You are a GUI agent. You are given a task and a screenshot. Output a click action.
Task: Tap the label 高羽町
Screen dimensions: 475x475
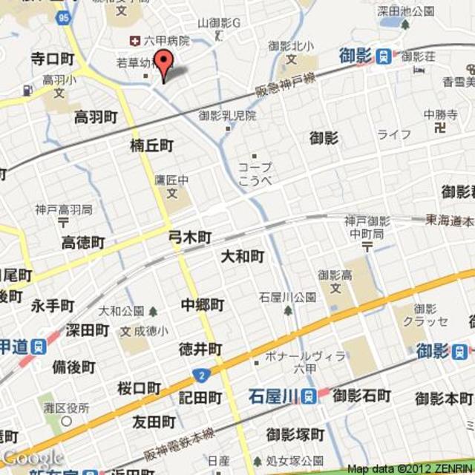coord(96,117)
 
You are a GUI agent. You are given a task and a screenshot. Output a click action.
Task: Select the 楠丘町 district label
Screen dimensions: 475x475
coord(151,145)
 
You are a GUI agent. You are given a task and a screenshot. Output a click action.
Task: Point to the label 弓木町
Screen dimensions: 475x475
coord(190,237)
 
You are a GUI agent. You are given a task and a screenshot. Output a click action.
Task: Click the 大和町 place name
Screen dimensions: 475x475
coord(243,257)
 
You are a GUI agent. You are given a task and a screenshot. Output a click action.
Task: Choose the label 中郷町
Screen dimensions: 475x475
coord(202,304)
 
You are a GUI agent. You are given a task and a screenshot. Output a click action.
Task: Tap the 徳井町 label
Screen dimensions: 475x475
coord(200,349)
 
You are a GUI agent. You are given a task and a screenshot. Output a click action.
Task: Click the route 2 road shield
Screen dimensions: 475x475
coord(200,373)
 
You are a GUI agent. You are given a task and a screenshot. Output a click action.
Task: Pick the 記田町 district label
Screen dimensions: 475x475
coord(200,399)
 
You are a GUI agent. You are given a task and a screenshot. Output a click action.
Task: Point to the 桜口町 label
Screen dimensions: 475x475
coord(139,388)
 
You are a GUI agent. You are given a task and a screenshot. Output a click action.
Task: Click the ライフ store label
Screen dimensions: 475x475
coord(393,134)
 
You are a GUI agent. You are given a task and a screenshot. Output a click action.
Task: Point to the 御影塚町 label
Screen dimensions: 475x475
coord(295,433)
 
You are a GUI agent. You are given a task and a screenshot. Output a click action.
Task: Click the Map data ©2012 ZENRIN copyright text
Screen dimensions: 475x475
coord(409,468)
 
